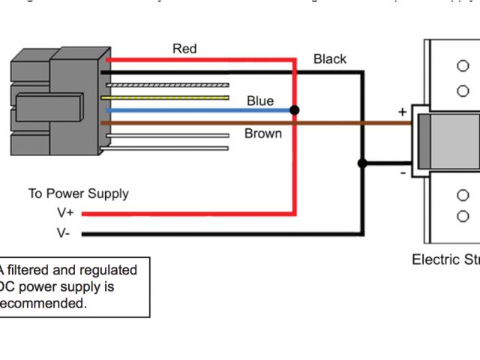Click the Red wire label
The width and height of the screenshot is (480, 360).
pos(184,49)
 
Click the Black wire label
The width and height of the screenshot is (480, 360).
pos(330,59)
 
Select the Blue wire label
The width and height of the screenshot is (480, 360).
pos(260,101)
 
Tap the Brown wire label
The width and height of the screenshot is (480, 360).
pos(263,134)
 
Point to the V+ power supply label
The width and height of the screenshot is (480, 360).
pos(65,213)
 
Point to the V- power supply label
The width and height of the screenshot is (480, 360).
pos(64,233)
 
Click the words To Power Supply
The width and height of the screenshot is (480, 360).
pos(79,193)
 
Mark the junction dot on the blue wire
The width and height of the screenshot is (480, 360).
pos(295,110)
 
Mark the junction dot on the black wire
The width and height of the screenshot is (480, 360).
pos(363,163)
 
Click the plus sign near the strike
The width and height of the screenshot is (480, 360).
pos(403,112)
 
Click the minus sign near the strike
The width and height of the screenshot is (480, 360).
pos(403,172)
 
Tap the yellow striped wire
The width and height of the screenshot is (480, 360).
pos(169,97)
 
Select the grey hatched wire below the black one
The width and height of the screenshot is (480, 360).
pos(169,85)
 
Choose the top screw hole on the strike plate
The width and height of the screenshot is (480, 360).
pos(463,67)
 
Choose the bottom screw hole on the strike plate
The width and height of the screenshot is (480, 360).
pos(463,217)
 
